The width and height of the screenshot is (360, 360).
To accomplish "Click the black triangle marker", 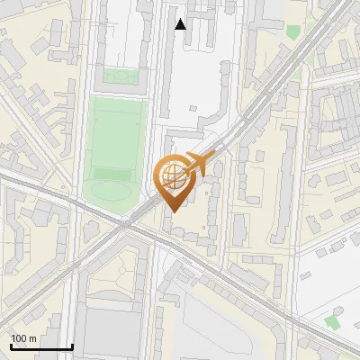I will pyautogui.click(x=181, y=24).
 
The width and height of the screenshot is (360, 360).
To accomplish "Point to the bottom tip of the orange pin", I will pyautogui.click(x=172, y=211).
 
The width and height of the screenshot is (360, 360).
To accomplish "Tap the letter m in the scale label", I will pyautogui.click(x=33, y=338).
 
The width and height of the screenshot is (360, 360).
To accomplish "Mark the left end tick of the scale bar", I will pyautogui.click(x=11, y=346).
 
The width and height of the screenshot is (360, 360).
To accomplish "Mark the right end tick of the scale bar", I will pyautogui.click(x=72, y=346).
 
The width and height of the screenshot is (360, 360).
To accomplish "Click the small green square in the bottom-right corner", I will pyautogui.click(x=333, y=321).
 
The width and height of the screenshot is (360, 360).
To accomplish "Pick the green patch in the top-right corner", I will pyautogui.click(x=292, y=31).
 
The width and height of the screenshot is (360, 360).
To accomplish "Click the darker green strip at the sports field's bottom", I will pyautogui.click(x=112, y=173).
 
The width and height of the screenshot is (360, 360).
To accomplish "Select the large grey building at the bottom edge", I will pyautogui.click(x=113, y=333).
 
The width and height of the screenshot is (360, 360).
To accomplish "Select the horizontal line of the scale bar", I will pyautogui.click(x=41, y=347).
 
